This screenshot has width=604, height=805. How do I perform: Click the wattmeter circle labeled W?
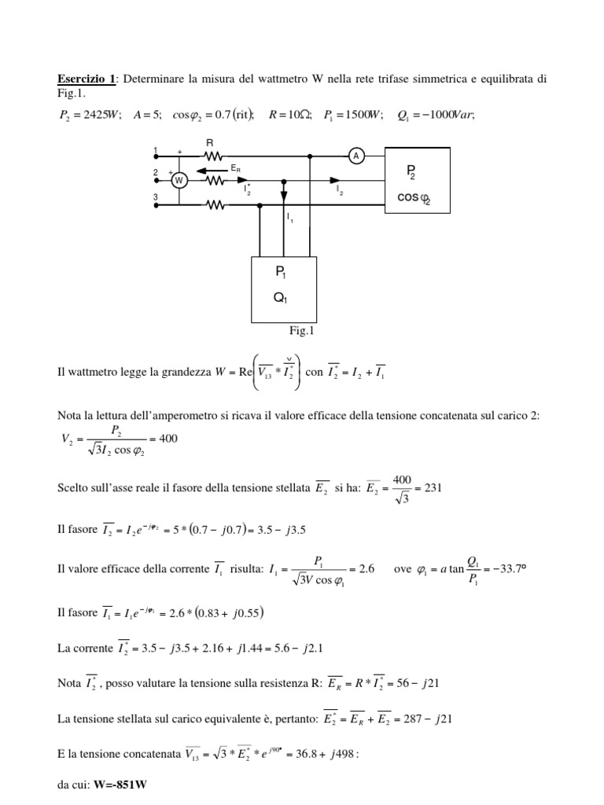(179, 180)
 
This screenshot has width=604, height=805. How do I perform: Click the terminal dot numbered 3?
(156, 206)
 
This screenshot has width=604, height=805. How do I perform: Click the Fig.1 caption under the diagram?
(301, 331)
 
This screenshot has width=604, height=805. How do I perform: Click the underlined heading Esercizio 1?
(87, 79)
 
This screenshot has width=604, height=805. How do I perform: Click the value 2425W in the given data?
(101, 115)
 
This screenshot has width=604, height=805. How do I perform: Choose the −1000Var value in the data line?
(448, 115)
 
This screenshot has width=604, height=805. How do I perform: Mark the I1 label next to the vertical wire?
(290, 217)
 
